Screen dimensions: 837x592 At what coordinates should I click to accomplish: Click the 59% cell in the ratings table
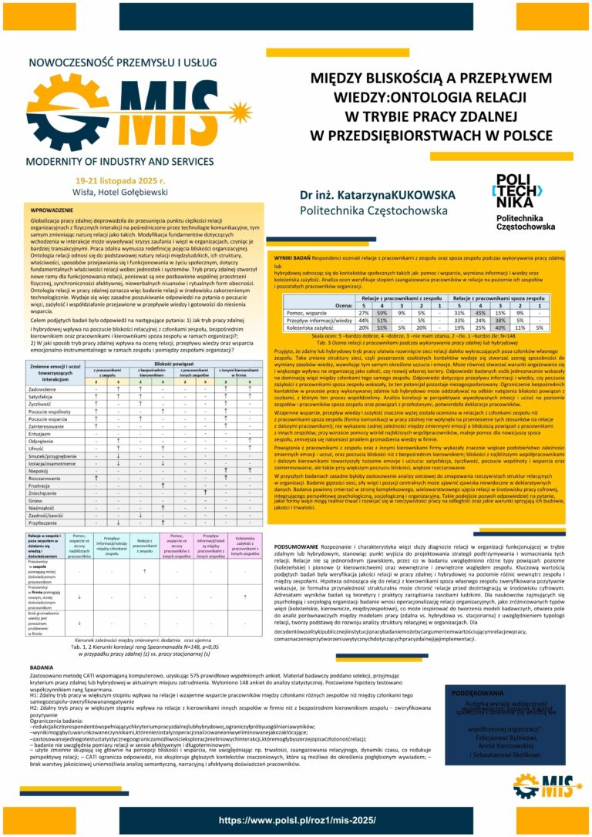point(381,313)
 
